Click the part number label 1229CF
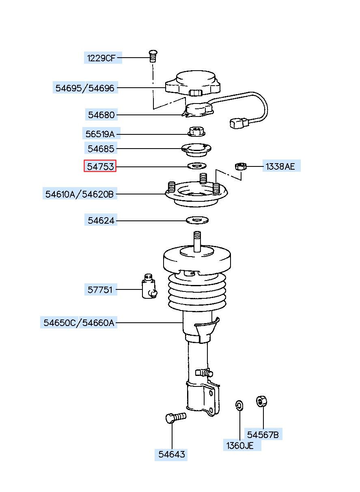click(100, 58)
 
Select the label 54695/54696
click(85, 88)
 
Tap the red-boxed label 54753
click(100, 166)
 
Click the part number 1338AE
click(281, 166)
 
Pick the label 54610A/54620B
click(80, 194)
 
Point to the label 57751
click(100, 290)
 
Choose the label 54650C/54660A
click(79, 323)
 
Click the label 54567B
click(263, 435)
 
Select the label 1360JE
click(239, 446)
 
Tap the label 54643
click(171, 454)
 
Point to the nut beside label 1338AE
click(241, 166)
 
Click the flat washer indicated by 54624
click(197, 220)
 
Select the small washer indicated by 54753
click(197, 166)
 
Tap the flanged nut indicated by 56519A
click(197, 132)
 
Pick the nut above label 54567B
click(261, 401)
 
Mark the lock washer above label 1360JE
click(239, 405)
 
